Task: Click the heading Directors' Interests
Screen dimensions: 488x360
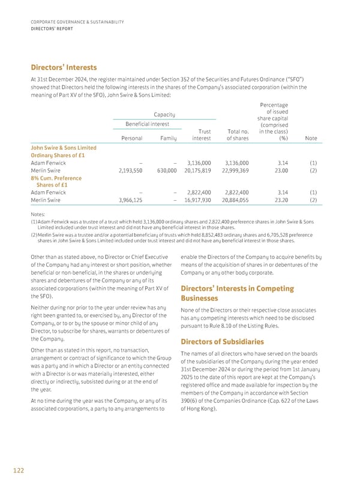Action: point(63,67)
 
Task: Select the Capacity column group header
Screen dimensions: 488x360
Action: point(164,114)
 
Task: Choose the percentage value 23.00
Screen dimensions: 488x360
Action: point(273,170)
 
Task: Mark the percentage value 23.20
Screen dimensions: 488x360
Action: point(273,200)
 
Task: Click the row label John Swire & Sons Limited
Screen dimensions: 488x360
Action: point(63,147)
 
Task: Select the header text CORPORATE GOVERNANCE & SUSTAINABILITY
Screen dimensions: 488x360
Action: point(77,22)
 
